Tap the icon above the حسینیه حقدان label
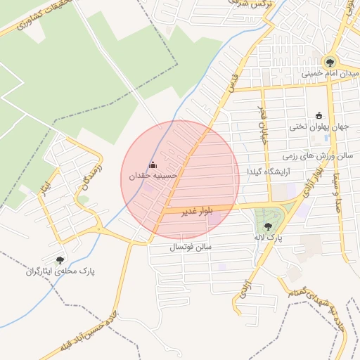click(x=153, y=165)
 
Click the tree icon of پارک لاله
click(x=268, y=226)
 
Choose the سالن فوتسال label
click(x=191, y=247)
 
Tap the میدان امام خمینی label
click(x=330, y=73)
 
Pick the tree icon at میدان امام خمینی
click(x=330, y=61)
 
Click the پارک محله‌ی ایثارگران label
click(x=61, y=271)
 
